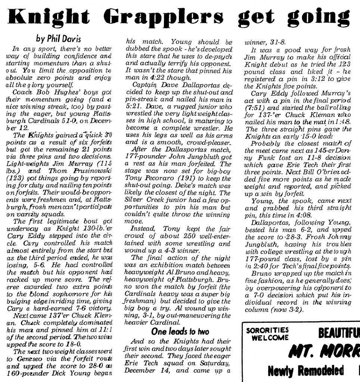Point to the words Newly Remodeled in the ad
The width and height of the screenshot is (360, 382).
[306, 371]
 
